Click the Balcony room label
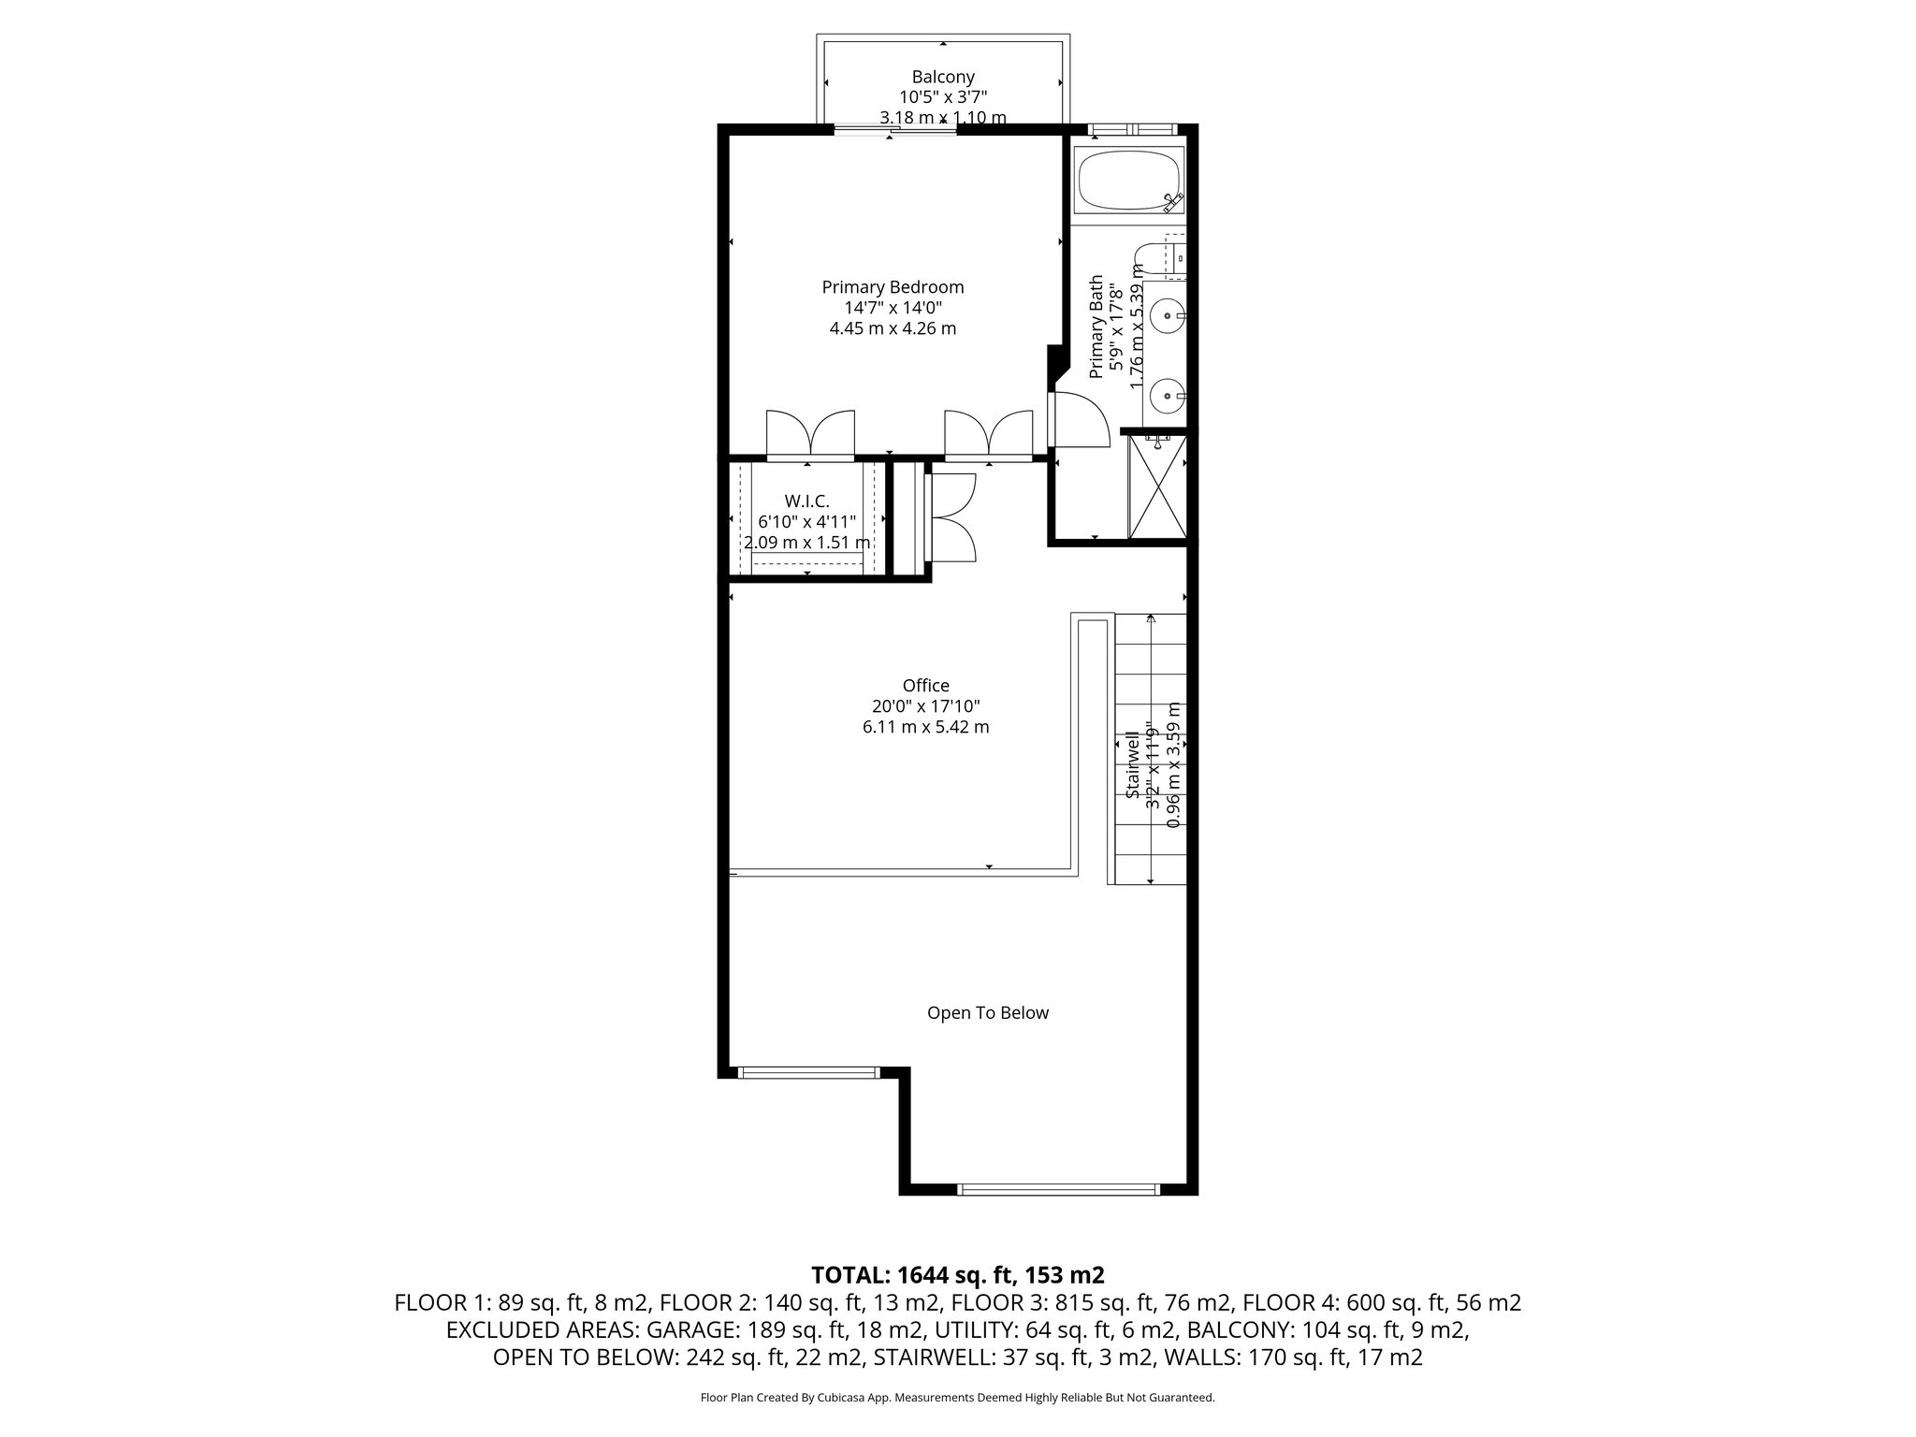click(x=943, y=77)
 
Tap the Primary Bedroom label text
click(x=893, y=287)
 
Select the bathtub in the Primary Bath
click(x=1127, y=180)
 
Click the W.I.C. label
click(x=806, y=501)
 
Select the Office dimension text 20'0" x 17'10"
click(x=925, y=706)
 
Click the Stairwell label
click(x=1133, y=765)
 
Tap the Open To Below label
click(x=987, y=1012)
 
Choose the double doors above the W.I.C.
click(x=810, y=436)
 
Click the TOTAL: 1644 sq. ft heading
click(x=957, y=1274)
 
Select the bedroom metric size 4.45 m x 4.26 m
click(x=893, y=328)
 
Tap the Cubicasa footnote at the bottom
click(x=957, y=1398)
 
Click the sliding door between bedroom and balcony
click(x=895, y=131)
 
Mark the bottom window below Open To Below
click(x=1058, y=1189)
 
